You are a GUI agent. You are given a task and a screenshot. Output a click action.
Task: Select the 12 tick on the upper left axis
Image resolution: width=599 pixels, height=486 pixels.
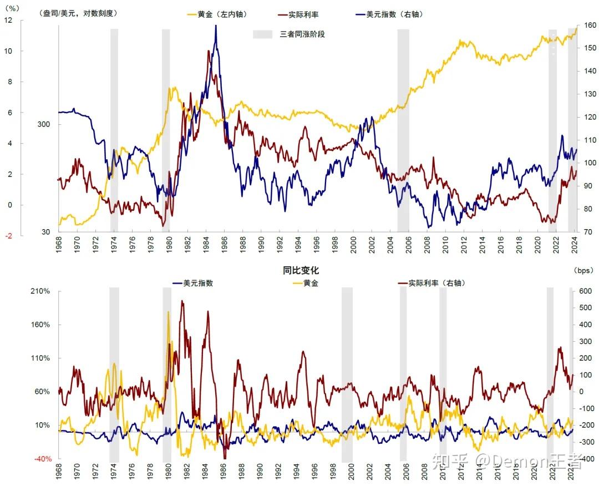tap(8, 21)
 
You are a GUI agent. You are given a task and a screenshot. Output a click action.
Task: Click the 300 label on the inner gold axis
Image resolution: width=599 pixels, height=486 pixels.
tap(43, 124)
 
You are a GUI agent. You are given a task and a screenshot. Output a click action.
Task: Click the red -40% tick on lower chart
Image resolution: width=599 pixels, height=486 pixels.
tap(42, 459)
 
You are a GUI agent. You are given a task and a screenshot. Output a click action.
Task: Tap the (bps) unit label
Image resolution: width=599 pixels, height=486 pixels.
tap(583, 270)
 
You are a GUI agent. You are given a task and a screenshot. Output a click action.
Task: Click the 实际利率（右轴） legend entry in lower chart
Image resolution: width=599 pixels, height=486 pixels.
tap(436, 283)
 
